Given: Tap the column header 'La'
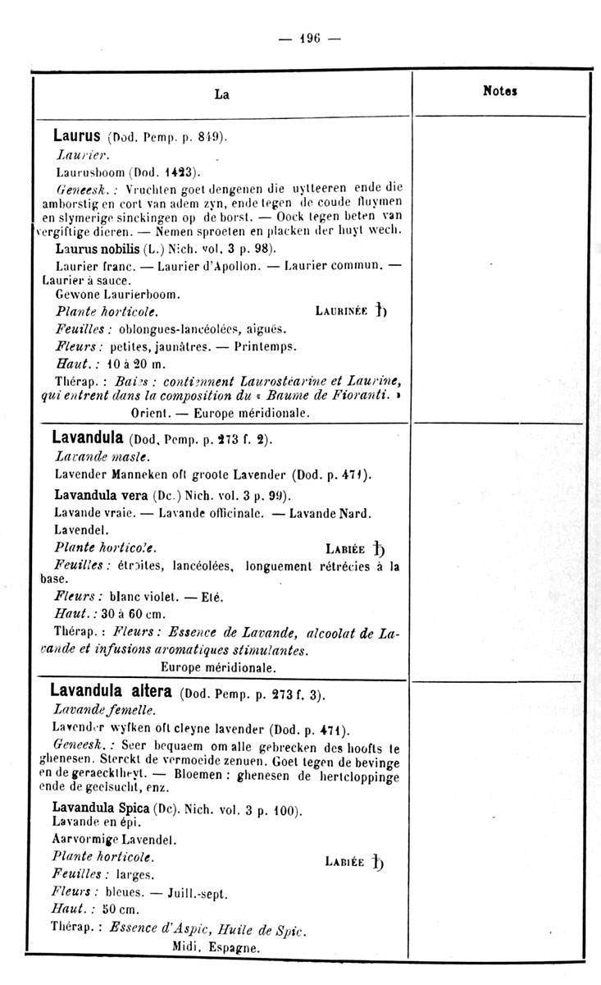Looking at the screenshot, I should tap(221, 94).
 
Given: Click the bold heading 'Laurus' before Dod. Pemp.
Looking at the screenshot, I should tap(77, 135).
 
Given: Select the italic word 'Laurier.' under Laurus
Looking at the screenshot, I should tap(76, 154).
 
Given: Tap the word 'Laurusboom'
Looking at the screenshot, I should tap(89, 172).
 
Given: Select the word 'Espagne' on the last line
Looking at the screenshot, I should tap(234, 946).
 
